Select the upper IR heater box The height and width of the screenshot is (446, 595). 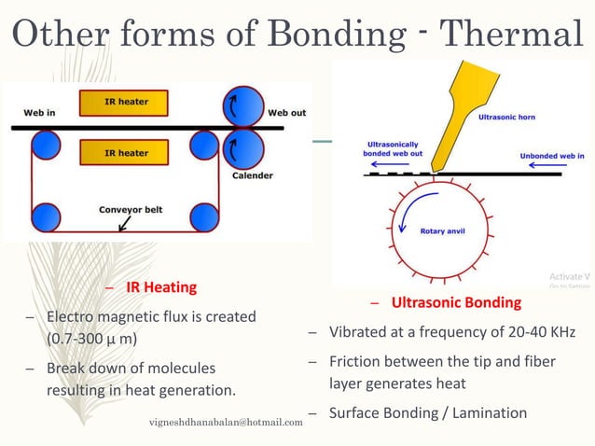coord(126,101)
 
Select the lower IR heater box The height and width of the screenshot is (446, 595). coord(126,151)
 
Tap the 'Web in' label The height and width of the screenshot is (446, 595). coord(38,113)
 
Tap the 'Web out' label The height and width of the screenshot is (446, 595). coord(286,113)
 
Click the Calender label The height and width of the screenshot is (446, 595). coord(252,174)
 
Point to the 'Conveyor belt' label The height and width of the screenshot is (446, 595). coord(131,209)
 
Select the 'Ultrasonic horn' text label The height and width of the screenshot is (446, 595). coord(507,118)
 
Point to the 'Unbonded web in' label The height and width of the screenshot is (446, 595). coord(552,156)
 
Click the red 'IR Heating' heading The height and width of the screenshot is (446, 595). coord(161,286)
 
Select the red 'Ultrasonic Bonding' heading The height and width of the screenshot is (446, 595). coord(455,302)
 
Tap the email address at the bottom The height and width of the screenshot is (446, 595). coord(226,423)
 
